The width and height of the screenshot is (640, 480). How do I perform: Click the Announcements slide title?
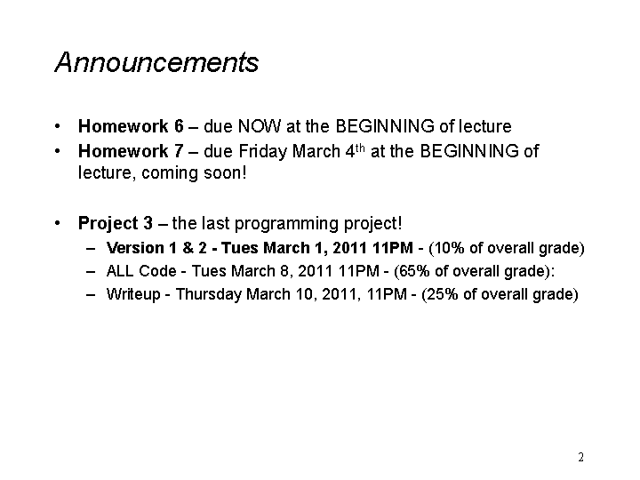click(x=156, y=62)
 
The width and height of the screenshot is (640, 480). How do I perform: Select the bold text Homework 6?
click(x=131, y=126)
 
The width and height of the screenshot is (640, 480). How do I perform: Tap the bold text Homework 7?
click(x=131, y=151)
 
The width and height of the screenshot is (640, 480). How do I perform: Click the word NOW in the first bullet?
click(x=260, y=126)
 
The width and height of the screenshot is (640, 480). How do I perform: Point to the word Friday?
click(x=263, y=152)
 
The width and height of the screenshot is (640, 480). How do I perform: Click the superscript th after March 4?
click(x=360, y=148)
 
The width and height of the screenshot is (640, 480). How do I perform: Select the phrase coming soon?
click(x=195, y=173)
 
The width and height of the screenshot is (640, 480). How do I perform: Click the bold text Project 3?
click(x=116, y=223)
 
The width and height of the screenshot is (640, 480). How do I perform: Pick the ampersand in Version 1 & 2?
click(x=188, y=248)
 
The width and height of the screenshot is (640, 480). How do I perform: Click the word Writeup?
click(x=133, y=294)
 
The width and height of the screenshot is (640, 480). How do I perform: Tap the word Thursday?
click(x=209, y=294)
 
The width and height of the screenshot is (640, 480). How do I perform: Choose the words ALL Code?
click(x=141, y=271)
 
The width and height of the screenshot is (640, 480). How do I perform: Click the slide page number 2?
click(x=580, y=457)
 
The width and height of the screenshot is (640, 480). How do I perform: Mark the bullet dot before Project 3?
click(x=58, y=223)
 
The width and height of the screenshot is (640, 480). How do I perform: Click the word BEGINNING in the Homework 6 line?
click(x=385, y=126)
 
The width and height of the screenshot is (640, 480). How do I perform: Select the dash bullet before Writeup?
click(x=91, y=295)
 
